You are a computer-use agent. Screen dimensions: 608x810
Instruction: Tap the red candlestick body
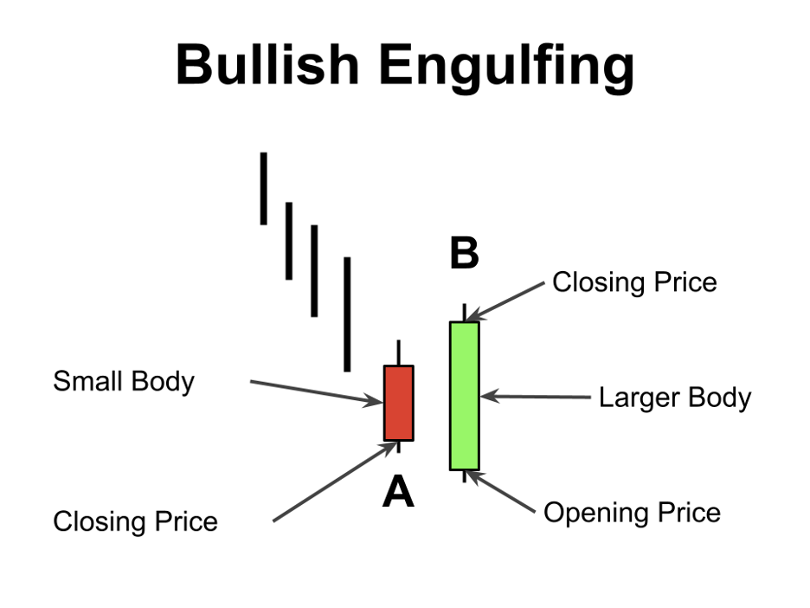(399, 403)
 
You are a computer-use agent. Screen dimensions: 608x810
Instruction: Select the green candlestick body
(464, 396)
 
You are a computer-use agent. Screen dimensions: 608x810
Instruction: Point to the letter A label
(398, 493)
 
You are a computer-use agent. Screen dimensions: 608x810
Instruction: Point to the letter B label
(464, 255)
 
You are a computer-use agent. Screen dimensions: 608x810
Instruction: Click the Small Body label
(124, 381)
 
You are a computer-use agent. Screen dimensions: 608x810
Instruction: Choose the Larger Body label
(675, 398)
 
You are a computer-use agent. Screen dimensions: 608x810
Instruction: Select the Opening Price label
(632, 513)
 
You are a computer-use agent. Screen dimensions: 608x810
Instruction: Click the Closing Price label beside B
(634, 282)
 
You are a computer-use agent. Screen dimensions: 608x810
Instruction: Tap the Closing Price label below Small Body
(135, 521)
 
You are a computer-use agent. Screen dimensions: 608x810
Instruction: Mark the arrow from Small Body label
(315, 391)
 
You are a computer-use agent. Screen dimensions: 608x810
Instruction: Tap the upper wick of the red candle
(399, 353)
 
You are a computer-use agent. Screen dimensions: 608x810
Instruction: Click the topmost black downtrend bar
(263, 189)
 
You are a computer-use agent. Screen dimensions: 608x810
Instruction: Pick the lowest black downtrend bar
(347, 314)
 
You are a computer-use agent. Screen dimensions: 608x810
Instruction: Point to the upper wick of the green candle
(465, 313)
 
